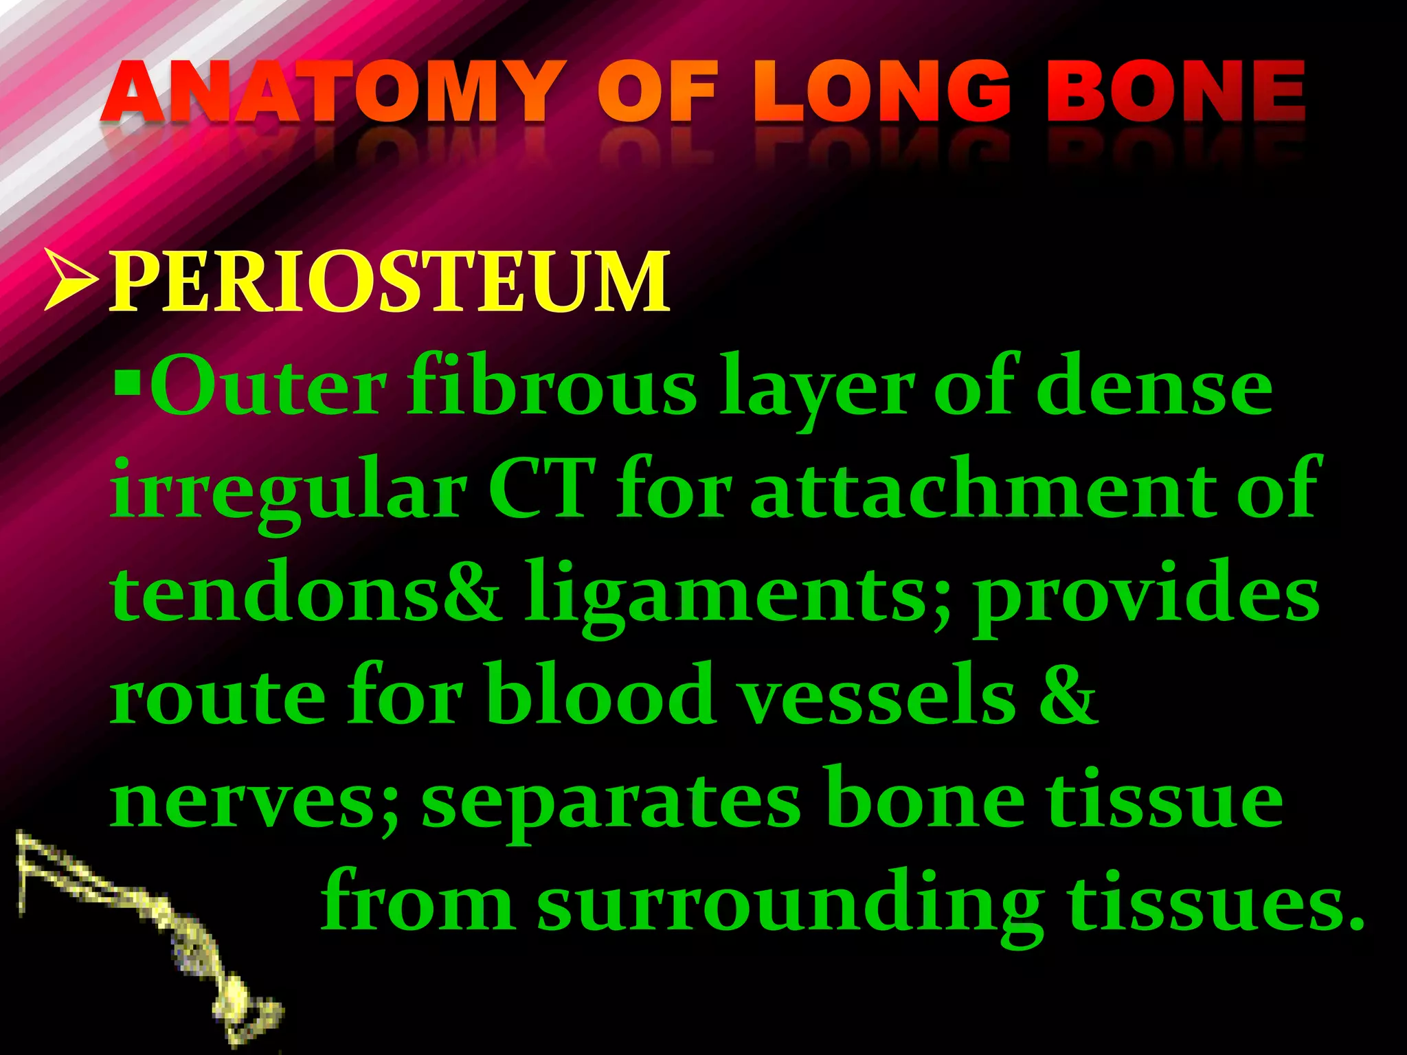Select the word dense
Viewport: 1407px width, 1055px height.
click(x=1154, y=388)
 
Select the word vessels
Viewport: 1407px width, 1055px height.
click(x=879, y=697)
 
